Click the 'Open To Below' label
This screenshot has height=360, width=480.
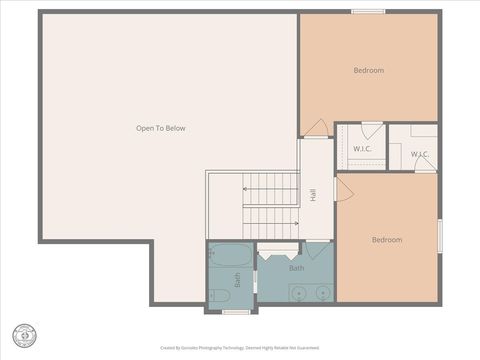[161, 128]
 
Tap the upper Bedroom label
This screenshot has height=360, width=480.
[368, 70]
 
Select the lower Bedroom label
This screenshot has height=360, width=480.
[387, 240]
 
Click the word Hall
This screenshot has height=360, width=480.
[313, 193]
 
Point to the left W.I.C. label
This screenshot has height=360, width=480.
[362, 149]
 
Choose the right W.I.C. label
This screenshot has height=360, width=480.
[420, 154]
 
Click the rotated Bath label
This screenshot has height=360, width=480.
[238, 281]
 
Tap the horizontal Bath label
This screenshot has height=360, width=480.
[297, 268]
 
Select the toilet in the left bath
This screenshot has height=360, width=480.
[218, 295]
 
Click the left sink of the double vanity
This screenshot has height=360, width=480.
[296, 293]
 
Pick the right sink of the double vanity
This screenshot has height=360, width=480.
[322, 293]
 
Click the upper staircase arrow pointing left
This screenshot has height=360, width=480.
[246, 187]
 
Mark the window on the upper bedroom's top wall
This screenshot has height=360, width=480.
[368, 12]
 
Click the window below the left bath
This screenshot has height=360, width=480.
[236, 312]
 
